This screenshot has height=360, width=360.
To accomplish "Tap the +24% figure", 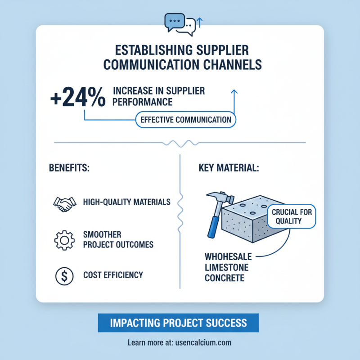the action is pos(78,97).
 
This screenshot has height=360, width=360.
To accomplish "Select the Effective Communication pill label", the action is pos(185,120).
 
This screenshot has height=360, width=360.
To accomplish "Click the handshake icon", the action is pos(64,204).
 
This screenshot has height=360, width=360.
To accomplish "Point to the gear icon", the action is pos(64,240).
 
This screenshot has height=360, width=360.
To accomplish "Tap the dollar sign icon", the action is pos(64,276).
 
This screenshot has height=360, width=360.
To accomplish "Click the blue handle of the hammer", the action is pos(213,227).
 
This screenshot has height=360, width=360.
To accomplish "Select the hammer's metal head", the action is pos(221,197).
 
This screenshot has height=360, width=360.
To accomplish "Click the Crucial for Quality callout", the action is pos(292,216).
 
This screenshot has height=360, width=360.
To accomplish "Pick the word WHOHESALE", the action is pos(228,256).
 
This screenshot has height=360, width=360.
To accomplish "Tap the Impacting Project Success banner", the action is pos(178,323).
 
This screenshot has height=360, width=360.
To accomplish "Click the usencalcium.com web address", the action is pos(203,342).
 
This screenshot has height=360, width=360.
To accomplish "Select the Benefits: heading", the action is pos(69,168).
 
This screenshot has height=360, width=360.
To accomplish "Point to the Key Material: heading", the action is pos(229,168).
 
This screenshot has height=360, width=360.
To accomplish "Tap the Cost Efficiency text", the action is pos(113,275).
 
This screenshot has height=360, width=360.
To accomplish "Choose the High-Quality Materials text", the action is pos(127,202).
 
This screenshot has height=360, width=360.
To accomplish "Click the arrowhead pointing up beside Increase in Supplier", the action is pos(234,92).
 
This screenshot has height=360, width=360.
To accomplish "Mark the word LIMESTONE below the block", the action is pos(226,267).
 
